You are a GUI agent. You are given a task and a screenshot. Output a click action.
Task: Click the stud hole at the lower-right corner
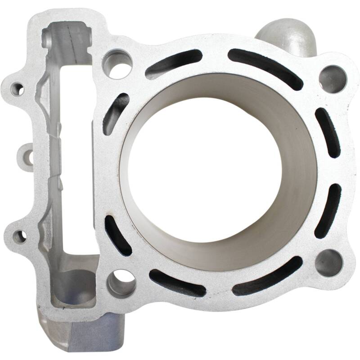(x=328, y=262)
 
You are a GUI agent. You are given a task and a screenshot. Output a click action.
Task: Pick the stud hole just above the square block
(x=121, y=282)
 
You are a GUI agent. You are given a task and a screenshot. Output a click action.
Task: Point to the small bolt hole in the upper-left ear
(x=17, y=88)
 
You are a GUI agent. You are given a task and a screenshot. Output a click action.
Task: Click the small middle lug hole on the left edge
(x=28, y=157)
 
